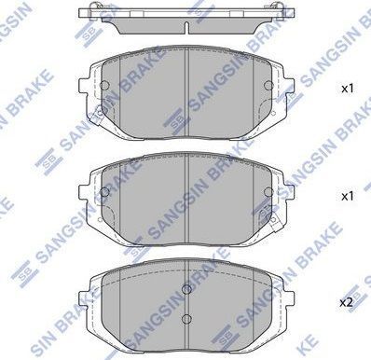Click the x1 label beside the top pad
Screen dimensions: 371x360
pyautogui.click(x=348, y=89)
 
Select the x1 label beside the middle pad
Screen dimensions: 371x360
pyautogui.click(x=348, y=196)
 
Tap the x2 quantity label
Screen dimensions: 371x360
pyautogui.click(x=346, y=302)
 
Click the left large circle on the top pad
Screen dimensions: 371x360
pyautogui.click(x=104, y=85)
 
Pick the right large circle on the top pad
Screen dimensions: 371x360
pyautogui.click(x=268, y=85)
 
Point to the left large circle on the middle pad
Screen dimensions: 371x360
pyautogui.click(x=105, y=192)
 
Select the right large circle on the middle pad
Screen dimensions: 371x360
pyautogui.click(x=268, y=192)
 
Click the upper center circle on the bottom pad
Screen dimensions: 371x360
pyautogui.click(x=186, y=289)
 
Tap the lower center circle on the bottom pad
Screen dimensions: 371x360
pyautogui.click(x=186, y=318)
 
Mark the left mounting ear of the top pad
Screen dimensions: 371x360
pyautogui.click(x=85, y=85)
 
